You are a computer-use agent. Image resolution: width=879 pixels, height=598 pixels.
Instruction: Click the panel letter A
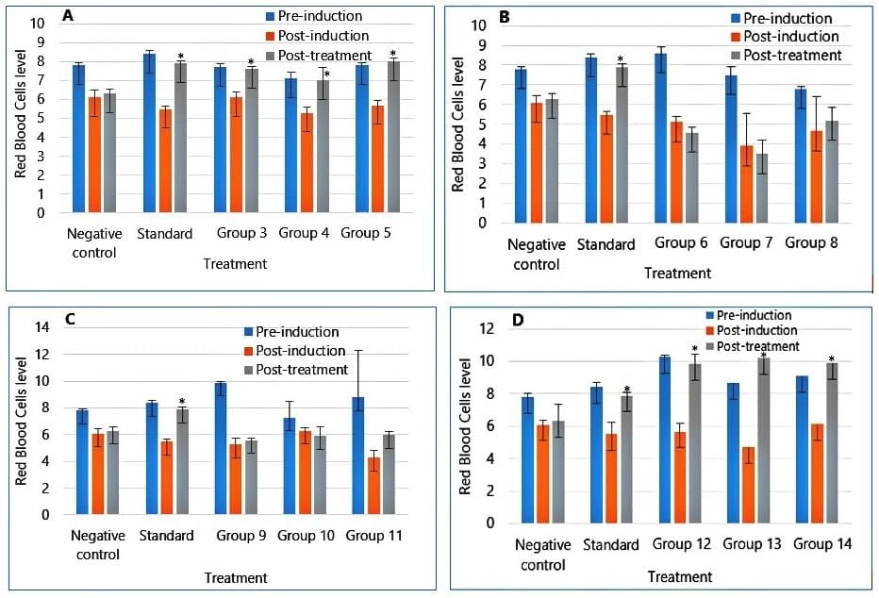pyautogui.click(x=67, y=16)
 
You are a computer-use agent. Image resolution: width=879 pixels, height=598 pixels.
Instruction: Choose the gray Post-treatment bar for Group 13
pyautogui.click(x=764, y=440)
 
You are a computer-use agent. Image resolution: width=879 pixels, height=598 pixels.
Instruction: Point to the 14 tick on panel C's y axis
pyautogui.click(x=41, y=327)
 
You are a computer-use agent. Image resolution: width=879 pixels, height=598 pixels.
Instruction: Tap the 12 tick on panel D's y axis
pyautogui.click(x=488, y=329)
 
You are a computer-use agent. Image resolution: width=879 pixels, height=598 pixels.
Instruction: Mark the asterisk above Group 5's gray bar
pyautogui.click(x=392, y=54)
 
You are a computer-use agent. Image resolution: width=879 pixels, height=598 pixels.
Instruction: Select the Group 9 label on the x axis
pyautogui.click(x=239, y=536)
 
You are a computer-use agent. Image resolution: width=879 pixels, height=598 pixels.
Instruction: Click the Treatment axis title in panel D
pyautogui.click(x=682, y=575)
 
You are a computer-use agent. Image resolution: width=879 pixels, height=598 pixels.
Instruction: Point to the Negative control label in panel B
pyautogui.click(x=534, y=255)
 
